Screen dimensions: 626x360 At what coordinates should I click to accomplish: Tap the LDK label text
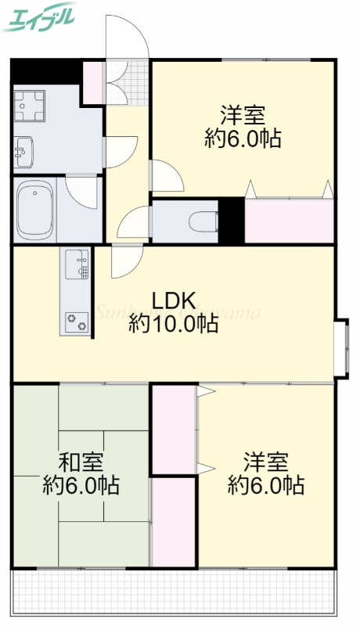point(174,300)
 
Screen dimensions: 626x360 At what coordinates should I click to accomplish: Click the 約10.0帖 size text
point(174,323)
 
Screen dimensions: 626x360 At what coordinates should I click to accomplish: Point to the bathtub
point(34,209)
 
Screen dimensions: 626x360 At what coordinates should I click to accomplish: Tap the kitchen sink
point(77,264)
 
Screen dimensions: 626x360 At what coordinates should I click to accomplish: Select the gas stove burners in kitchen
point(77,319)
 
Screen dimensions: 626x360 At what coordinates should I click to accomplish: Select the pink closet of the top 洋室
point(290,221)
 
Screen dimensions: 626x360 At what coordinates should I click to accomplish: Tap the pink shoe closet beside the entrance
point(93,82)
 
